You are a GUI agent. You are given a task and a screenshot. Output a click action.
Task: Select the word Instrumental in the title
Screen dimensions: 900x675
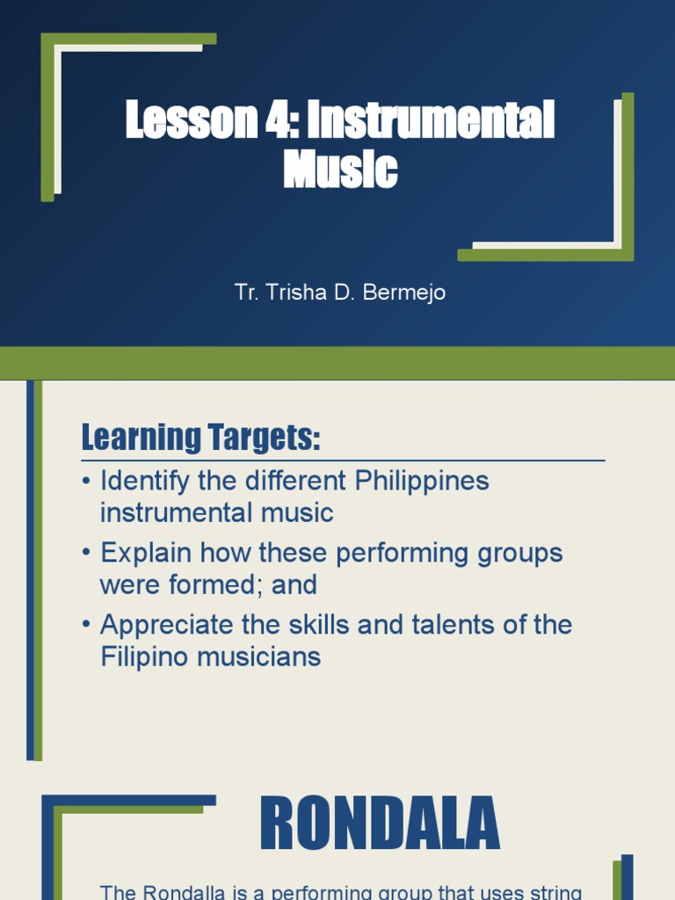tap(431, 120)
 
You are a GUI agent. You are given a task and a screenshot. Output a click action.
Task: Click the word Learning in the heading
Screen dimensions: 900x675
tap(140, 437)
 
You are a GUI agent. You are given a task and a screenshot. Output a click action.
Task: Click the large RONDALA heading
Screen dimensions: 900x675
tap(380, 825)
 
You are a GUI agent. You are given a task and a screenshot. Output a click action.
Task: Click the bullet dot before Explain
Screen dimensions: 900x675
tap(86, 554)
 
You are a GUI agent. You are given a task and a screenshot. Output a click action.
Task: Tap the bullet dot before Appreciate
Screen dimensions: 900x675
tap(86, 625)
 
